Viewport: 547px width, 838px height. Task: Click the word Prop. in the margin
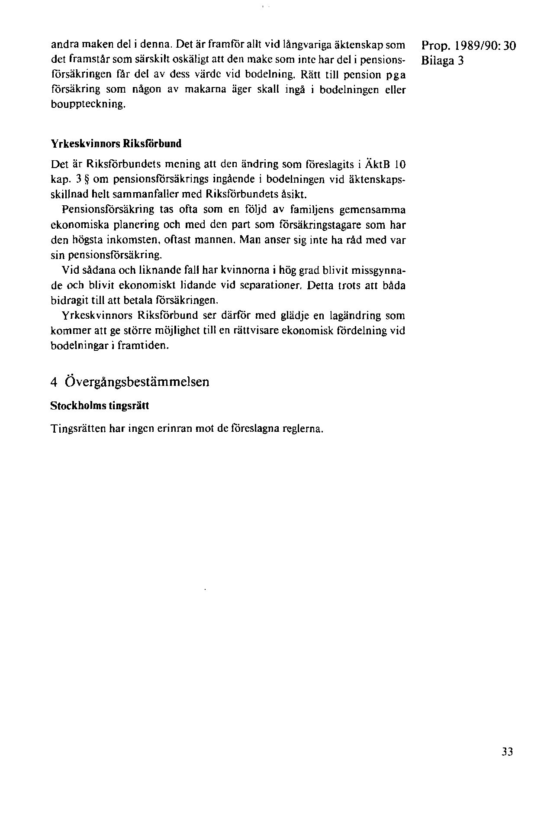pyautogui.click(x=434, y=46)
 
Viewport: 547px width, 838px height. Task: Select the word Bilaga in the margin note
pyautogui.click(x=435, y=61)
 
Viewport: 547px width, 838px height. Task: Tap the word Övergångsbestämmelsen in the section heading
pyautogui.click(x=137, y=382)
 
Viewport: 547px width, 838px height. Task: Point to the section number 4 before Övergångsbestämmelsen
pyautogui.click(x=54, y=382)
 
